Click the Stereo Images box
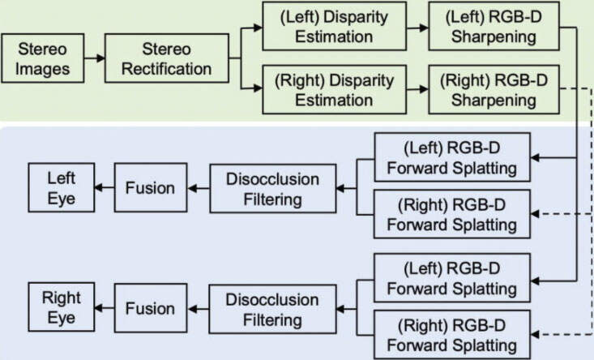(x=43, y=59)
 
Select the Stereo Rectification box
(x=167, y=59)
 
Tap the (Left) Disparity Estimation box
(x=334, y=26)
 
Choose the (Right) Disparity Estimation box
(x=334, y=90)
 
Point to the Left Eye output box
(x=61, y=187)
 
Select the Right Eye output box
(x=61, y=308)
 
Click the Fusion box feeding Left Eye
(x=150, y=187)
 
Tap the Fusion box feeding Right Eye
(x=150, y=308)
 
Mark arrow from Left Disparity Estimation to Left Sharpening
(x=419, y=26)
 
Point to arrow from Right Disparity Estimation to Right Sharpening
(x=419, y=90)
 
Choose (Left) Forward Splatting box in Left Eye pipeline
(x=452, y=158)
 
